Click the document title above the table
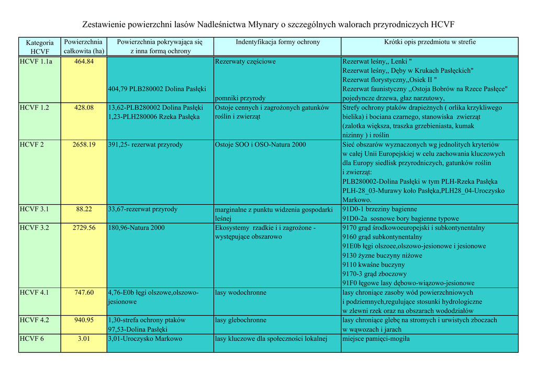(x=268, y=25)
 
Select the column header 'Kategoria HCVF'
(x=39, y=47)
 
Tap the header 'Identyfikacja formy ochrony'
(x=277, y=42)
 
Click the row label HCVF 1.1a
(x=36, y=61)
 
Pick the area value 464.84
(x=84, y=61)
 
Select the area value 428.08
(x=84, y=107)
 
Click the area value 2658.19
(x=84, y=144)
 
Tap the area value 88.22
(x=84, y=209)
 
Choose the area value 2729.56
(x=84, y=228)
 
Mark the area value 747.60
(x=84, y=293)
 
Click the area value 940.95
(x=84, y=320)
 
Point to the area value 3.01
(x=84, y=339)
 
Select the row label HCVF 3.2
(x=34, y=228)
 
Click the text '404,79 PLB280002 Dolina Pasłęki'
(x=157, y=89)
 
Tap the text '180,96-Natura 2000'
(x=136, y=228)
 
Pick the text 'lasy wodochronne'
(x=240, y=293)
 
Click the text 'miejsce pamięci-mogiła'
(x=376, y=339)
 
